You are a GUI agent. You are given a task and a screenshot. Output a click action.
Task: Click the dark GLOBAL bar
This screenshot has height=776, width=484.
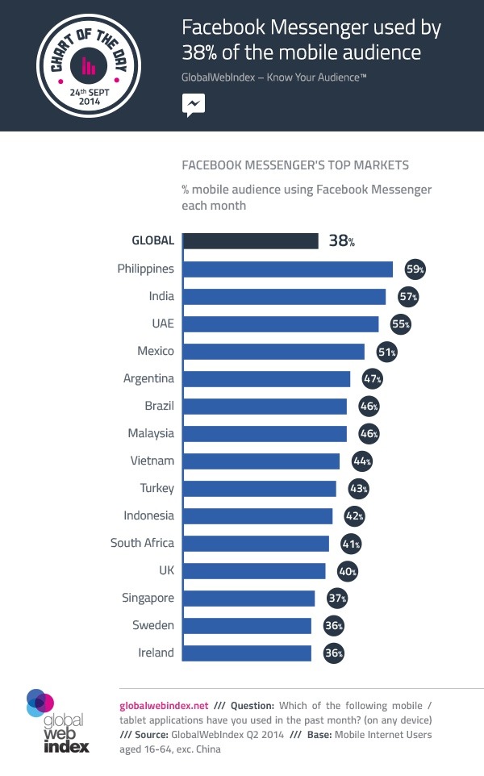point(250,241)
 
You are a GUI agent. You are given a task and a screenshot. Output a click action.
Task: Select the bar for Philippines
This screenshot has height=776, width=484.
point(287,269)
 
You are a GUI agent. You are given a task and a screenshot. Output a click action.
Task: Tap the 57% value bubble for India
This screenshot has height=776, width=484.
point(408,296)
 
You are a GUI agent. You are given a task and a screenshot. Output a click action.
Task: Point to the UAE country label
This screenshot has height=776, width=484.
point(161,323)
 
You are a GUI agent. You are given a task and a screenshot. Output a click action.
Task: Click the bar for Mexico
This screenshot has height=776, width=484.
point(273,351)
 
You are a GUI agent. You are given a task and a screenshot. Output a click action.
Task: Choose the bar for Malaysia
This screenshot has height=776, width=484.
point(265,433)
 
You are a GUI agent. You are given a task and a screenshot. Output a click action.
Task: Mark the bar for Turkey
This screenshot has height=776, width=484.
point(259,488)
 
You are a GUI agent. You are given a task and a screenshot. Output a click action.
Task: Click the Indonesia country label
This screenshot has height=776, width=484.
point(148,515)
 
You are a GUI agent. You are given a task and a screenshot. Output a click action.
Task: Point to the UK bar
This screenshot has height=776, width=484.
point(254,570)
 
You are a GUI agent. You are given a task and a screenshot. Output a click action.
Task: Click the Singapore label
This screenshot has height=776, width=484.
point(148,598)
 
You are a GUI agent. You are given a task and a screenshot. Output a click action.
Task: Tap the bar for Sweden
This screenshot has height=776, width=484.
point(247,625)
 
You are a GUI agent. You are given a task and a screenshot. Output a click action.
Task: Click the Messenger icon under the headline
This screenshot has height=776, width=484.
point(193,104)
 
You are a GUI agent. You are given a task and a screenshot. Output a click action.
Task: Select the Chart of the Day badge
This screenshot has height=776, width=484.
point(89,65)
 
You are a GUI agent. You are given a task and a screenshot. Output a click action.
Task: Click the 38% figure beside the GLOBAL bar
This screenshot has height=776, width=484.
point(341,240)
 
